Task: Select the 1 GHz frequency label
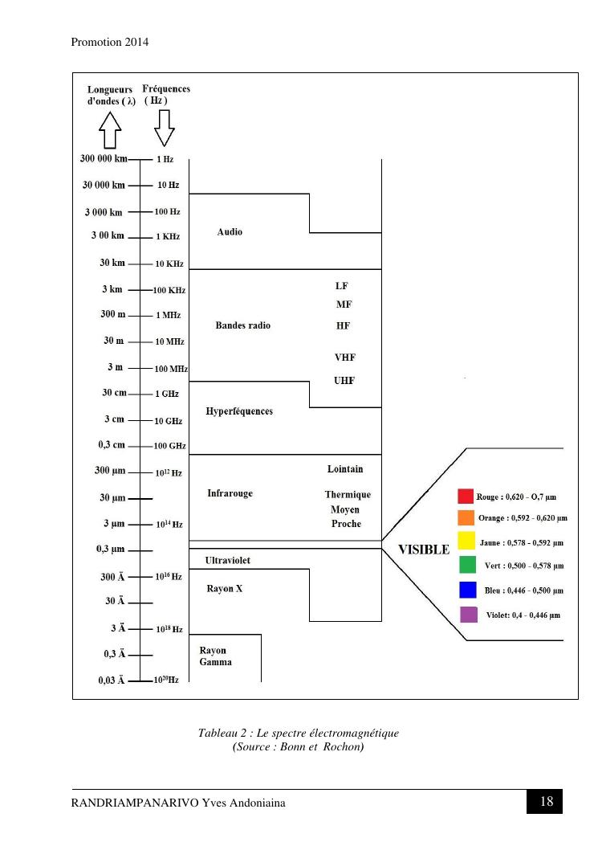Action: point(167,394)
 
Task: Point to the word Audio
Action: point(230,232)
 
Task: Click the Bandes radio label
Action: point(243,325)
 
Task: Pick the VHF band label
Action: point(345,357)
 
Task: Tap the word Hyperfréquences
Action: point(239,411)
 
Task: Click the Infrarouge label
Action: point(230,493)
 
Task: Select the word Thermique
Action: point(348,495)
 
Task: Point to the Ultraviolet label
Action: point(233,560)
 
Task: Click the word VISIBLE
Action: point(424,550)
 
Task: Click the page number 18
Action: point(547,801)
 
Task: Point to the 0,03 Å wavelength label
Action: point(111,680)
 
